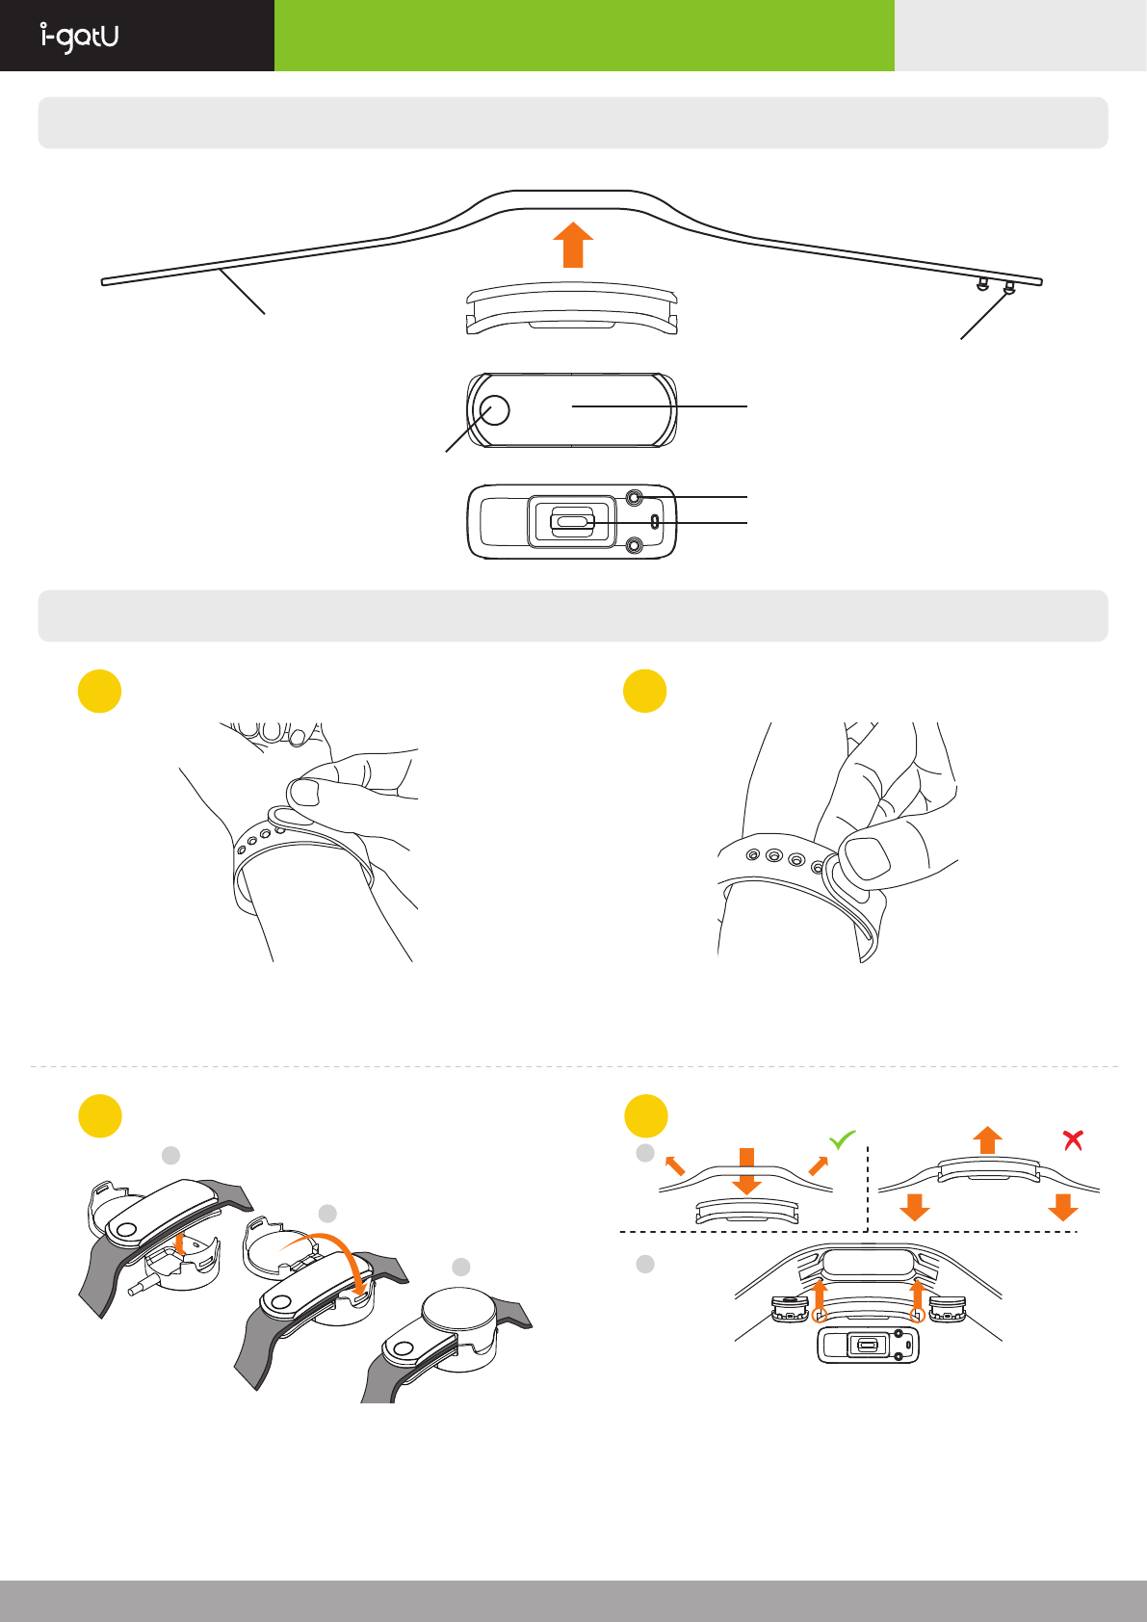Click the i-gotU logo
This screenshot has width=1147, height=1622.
point(80,37)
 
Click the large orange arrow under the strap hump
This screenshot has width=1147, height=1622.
point(573,245)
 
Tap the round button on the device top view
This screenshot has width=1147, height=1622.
point(493,410)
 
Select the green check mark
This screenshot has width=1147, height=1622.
point(842,1140)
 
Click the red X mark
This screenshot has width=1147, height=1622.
point(1073,1140)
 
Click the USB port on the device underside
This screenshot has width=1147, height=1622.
point(572,522)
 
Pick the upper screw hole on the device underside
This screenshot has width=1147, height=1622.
point(634,497)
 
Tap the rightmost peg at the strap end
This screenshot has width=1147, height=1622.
point(1009,287)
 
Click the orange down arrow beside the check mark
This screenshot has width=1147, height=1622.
point(746,1170)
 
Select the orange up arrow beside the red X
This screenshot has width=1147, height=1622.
point(987,1140)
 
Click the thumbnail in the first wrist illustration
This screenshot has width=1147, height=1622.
point(305,793)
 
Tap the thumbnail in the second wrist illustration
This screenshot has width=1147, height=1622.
point(867,857)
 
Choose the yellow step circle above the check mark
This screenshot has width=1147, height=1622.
point(646,1116)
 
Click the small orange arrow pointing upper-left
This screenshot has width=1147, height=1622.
point(674,1165)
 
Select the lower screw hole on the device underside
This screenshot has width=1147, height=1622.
point(634,546)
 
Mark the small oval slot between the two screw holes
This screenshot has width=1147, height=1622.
point(655,522)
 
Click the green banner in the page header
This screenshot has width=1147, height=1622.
point(584,36)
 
